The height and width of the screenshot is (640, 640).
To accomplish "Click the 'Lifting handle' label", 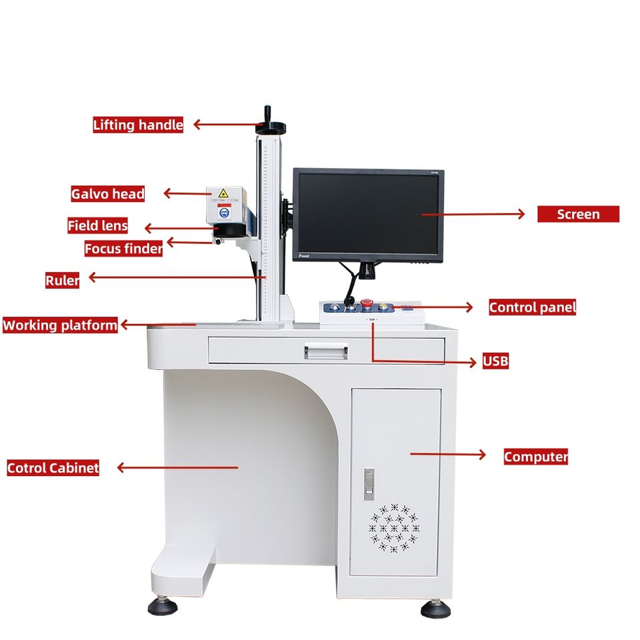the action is pyautogui.click(x=137, y=125).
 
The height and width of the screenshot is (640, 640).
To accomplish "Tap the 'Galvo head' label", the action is pyautogui.click(x=107, y=194).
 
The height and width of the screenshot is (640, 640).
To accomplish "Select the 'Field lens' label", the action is pyautogui.click(x=97, y=225).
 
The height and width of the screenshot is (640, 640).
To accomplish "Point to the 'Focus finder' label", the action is pyautogui.click(x=123, y=249).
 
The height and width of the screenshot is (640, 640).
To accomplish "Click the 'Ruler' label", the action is pyautogui.click(x=62, y=280).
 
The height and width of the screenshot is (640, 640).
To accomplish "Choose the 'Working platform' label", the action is pyautogui.click(x=60, y=325).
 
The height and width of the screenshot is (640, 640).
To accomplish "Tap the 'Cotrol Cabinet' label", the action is pyautogui.click(x=53, y=468).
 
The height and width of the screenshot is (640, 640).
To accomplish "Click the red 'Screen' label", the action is pyautogui.click(x=578, y=214).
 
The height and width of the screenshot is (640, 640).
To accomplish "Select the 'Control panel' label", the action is pyautogui.click(x=532, y=307).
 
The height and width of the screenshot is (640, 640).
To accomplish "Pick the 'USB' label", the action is pyautogui.click(x=495, y=361).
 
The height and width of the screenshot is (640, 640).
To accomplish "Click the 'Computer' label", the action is pyautogui.click(x=535, y=457).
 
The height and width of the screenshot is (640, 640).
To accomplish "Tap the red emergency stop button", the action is pyautogui.click(x=367, y=305).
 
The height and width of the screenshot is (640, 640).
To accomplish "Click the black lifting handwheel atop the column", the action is pyautogui.click(x=270, y=125).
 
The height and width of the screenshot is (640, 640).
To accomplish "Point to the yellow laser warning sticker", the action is pyautogui.click(x=224, y=193).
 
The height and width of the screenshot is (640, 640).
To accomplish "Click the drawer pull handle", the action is pyautogui.click(x=326, y=349).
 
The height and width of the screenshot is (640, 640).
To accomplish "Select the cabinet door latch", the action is pyautogui.click(x=369, y=483).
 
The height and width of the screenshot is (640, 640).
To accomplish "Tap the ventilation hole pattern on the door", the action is pyautogui.click(x=395, y=528).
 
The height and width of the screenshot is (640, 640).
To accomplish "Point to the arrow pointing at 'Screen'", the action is pyautogui.click(x=473, y=214).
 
